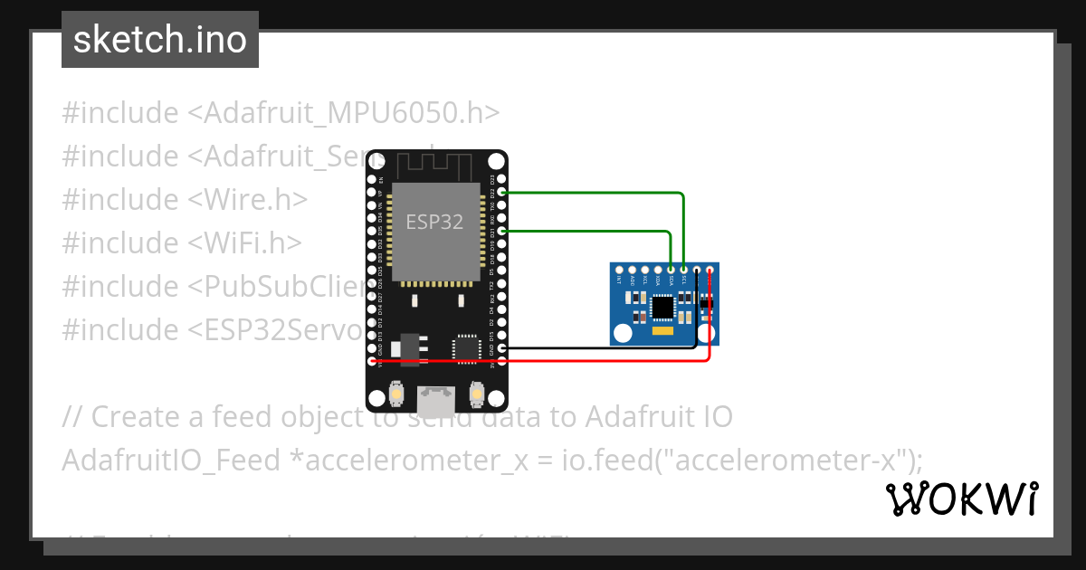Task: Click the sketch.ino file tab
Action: tap(160, 40)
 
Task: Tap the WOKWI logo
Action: tap(961, 499)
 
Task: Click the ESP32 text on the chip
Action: tap(434, 222)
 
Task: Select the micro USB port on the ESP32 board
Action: tap(436, 396)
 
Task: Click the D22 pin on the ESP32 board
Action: tap(501, 193)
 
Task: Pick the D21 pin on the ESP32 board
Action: tap(501, 232)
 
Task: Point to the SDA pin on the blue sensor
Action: tap(671, 270)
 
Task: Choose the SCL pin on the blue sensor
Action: tap(683, 270)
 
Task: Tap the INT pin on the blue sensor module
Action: tap(619, 270)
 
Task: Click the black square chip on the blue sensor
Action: tap(663, 309)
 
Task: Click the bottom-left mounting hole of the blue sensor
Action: tap(621, 334)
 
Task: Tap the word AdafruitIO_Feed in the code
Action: tap(171, 461)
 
